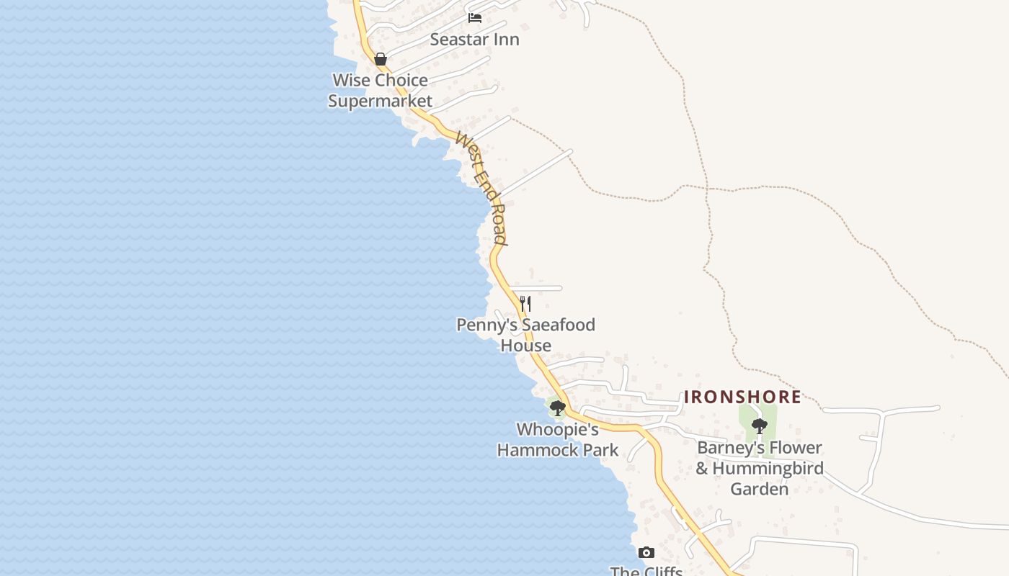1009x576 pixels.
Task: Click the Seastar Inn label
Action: [x=474, y=40]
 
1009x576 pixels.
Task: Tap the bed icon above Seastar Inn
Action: [x=475, y=17]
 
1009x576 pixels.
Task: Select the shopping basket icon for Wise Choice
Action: [x=381, y=59]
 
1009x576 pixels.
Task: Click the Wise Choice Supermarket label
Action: [x=380, y=90]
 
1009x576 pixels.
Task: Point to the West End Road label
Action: [x=482, y=187]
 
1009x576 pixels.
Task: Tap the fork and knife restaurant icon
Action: [x=525, y=304]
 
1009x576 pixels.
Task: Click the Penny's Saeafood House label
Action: [x=526, y=335]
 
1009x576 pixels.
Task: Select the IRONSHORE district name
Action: [x=742, y=397]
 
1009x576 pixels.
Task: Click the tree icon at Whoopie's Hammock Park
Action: [x=557, y=408]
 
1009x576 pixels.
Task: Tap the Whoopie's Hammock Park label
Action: [x=558, y=440]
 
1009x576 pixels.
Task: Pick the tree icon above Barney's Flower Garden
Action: [x=759, y=426]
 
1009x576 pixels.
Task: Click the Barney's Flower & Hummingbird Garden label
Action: [x=760, y=468]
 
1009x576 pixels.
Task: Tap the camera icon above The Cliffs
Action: [x=646, y=552]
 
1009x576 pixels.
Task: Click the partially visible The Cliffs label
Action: [x=646, y=571]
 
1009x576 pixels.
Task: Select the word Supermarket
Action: [x=380, y=101]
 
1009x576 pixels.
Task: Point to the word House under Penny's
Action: [x=526, y=346]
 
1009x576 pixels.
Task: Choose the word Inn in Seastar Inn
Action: [x=505, y=40]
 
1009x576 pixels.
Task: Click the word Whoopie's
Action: [x=558, y=430]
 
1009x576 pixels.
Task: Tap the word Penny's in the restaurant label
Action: [x=486, y=325]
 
